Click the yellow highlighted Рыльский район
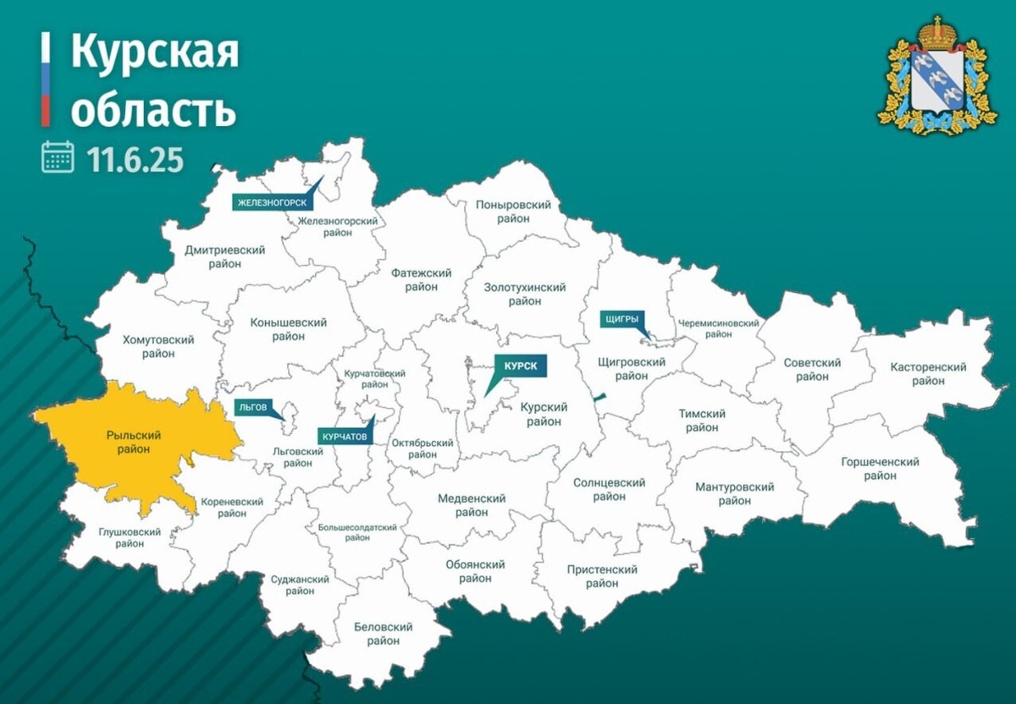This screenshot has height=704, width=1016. (x=134, y=443)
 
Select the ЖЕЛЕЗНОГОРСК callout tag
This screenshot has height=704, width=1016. (x=272, y=202)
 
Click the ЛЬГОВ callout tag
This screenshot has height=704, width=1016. (x=252, y=407)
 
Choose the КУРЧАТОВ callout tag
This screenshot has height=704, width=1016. (x=345, y=437)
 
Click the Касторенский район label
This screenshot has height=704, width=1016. (x=928, y=374)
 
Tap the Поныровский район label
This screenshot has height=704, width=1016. (x=514, y=212)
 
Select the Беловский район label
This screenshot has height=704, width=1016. (x=384, y=634)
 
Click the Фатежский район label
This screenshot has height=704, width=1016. (x=421, y=279)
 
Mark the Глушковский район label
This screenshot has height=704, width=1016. (x=119, y=538)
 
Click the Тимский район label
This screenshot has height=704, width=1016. (x=702, y=421)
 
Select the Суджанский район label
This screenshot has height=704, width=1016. (x=300, y=585)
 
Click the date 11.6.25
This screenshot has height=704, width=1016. (x=135, y=158)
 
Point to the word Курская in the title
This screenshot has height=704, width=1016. (x=154, y=53)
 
